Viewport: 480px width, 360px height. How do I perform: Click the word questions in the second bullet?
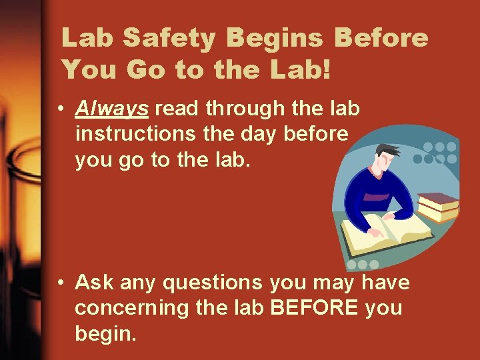[x=213, y=283]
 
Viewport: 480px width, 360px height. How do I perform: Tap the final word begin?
[x=106, y=333]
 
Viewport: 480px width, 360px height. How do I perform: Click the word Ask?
[x=93, y=283]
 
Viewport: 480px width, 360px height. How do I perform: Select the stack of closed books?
[x=437, y=206]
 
